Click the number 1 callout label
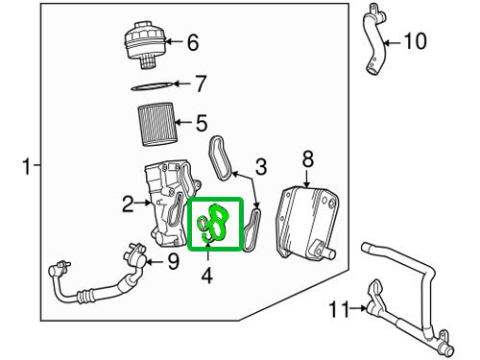pos(26,168)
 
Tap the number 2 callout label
pos(128,203)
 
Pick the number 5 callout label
pos(201,123)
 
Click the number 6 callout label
pos(192,42)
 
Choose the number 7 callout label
pos(200,84)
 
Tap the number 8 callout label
pos(307,157)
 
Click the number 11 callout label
pos(337,308)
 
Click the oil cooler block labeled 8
pos(305,222)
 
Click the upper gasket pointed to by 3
pos(222,157)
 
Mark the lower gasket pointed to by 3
pos(252,230)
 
